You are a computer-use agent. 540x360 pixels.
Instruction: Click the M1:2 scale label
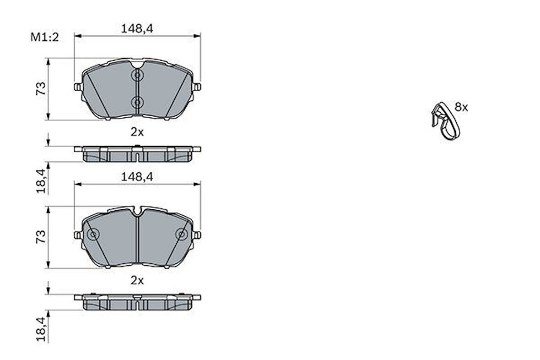pos(44,38)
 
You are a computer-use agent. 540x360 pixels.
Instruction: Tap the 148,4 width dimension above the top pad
pos(137,28)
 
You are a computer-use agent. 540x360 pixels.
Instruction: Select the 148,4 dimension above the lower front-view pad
pos(137,176)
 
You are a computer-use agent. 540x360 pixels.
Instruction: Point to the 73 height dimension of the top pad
pos(41,88)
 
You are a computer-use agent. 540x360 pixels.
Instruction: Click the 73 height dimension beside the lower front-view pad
pos(41,236)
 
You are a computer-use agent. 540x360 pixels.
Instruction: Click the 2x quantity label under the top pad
pos(137,132)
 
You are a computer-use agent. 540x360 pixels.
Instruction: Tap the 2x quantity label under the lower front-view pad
pos(137,280)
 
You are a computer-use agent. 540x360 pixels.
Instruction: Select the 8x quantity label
pos(461,108)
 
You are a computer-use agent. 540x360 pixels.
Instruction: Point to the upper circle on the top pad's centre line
pos(137,75)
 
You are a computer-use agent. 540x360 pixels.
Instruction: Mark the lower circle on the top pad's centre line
pos(137,102)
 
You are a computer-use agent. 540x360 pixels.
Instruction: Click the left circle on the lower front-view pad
pos(93,235)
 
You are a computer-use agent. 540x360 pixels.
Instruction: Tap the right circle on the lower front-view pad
pos(181,235)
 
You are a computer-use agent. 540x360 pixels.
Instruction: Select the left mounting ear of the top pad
pos(77,87)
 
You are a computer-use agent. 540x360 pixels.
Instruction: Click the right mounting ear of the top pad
pos(197,87)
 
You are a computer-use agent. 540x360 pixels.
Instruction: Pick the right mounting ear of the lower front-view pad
pos(197,235)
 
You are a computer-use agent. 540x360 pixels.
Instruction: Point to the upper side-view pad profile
pos(137,154)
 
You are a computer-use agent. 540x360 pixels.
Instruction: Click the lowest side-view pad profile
pos(137,302)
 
